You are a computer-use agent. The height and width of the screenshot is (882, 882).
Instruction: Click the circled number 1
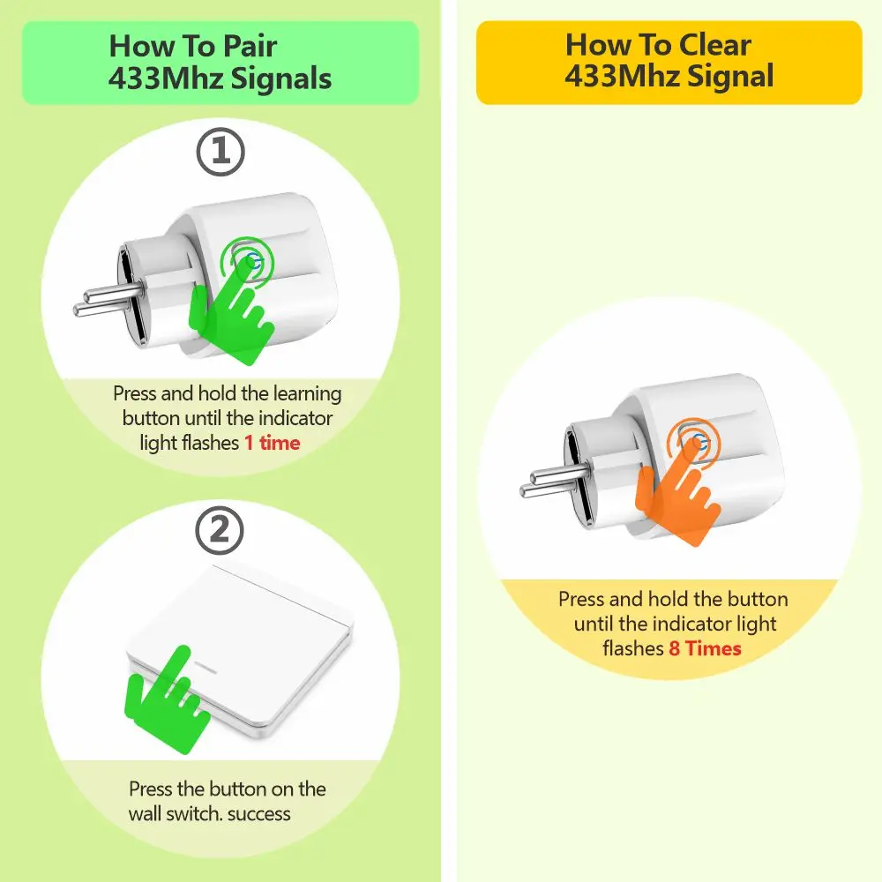(220, 152)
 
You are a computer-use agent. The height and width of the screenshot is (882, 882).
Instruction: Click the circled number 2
(220, 530)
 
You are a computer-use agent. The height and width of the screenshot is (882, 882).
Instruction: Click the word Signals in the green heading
(281, 78)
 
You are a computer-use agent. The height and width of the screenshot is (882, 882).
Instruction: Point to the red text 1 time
(273, 443)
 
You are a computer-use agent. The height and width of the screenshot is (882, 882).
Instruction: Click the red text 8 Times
(705, 648)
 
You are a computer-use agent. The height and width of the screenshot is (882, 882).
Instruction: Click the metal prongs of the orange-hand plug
(554, 482)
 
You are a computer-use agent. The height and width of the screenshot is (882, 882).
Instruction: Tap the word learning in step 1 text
(307, 394)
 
